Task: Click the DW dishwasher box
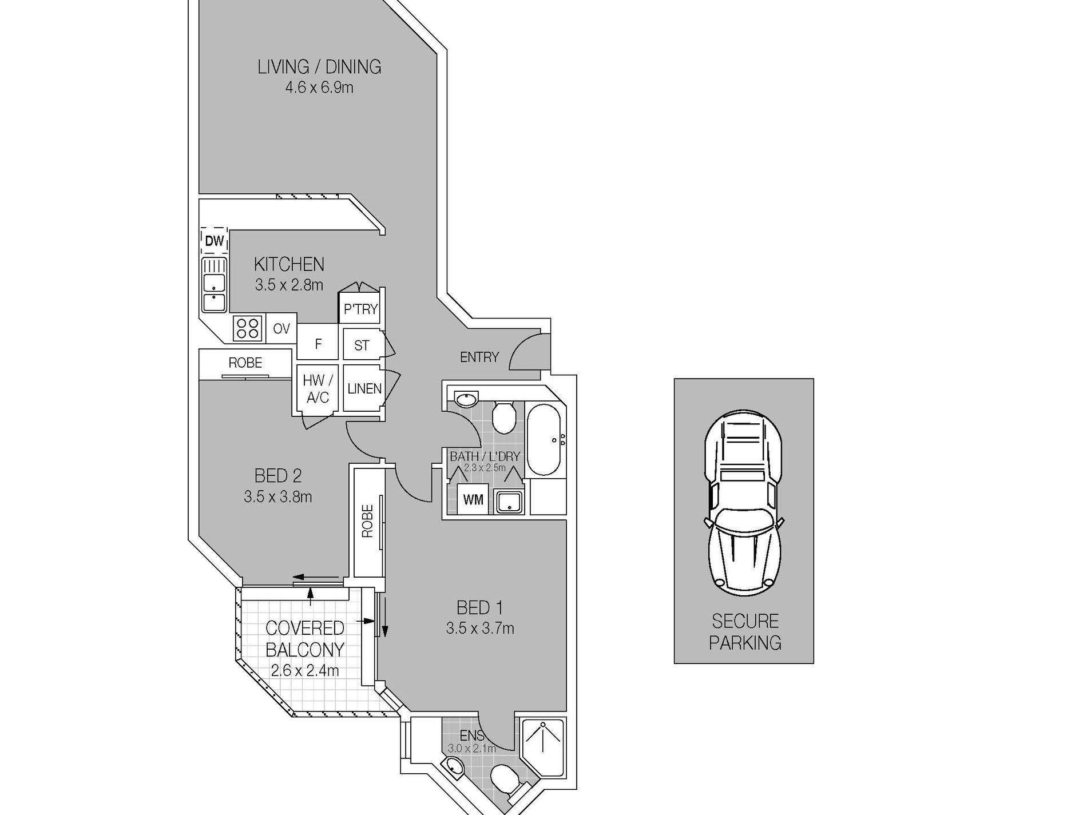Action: pyautogui.click(x=215, y=241)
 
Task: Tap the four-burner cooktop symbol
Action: pyautogui.click(x=248, y=328)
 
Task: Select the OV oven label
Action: pyautogui.click(x=281, y=329)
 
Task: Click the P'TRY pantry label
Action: pyautogui.click(x=360, y=309)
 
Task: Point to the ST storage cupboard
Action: pyautogui.click(x=362, y=345)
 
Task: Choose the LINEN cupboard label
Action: pyautogui.click(x=364, y=389)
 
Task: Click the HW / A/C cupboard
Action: pyautogui.click(x=318, y=389)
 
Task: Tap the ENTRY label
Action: pyautogui.click(x=479, y=357)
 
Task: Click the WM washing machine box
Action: pyautogui.click(x=473, y=500)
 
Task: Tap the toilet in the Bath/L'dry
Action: pyautogui.click(x=504, y=418)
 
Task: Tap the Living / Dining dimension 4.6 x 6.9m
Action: pyautogui.click(x=319, y=88)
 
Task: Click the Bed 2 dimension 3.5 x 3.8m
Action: pyautogui.click(x=278, y=496)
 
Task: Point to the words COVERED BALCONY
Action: pyautogui.click(x=305, y=639)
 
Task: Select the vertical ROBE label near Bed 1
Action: pyautogui.click(x=367, y=521)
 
